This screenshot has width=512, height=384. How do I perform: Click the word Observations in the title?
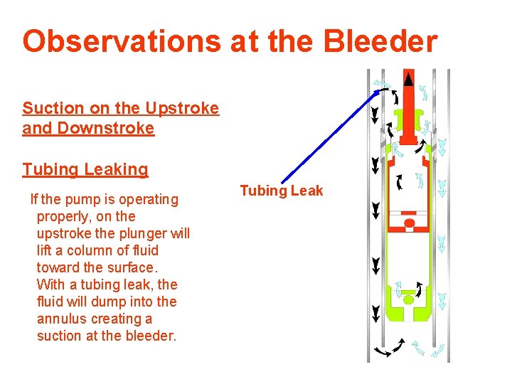(x=122, y=42)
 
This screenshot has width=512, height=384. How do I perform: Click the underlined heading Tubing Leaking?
(x=85, y=169)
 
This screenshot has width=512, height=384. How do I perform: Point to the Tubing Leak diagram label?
(x=281, y=191)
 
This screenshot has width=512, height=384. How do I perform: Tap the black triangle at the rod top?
(x=408, y=80)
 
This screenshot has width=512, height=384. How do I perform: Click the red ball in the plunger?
(x=409, y=224)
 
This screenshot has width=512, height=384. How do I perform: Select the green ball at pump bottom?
(x=408, y=299)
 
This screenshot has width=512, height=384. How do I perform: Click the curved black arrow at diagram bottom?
(x=388, y=349)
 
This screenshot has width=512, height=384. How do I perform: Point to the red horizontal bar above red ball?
(x=409, y=213)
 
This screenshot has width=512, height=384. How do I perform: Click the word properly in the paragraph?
(x=63, y=216)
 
